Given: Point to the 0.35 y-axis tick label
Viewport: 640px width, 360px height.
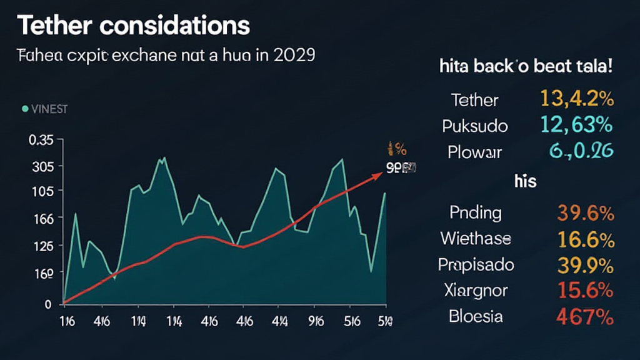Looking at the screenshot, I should tap(42, 141).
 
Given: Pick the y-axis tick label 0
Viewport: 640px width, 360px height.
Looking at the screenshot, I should tap(47, 304).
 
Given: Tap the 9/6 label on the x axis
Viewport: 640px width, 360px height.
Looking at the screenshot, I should tap(316, 322).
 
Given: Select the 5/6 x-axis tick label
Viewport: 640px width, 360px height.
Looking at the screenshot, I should tap(351, 322).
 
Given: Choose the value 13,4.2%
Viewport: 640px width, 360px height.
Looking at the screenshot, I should tap(576, 99).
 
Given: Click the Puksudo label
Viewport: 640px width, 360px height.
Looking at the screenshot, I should tap(475, 126).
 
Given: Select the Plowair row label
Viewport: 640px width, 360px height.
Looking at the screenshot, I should tap(474, 151).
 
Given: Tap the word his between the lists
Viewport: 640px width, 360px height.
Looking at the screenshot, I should tap(526, 181).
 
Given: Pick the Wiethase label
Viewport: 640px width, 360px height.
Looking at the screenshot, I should tap(475, 238).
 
